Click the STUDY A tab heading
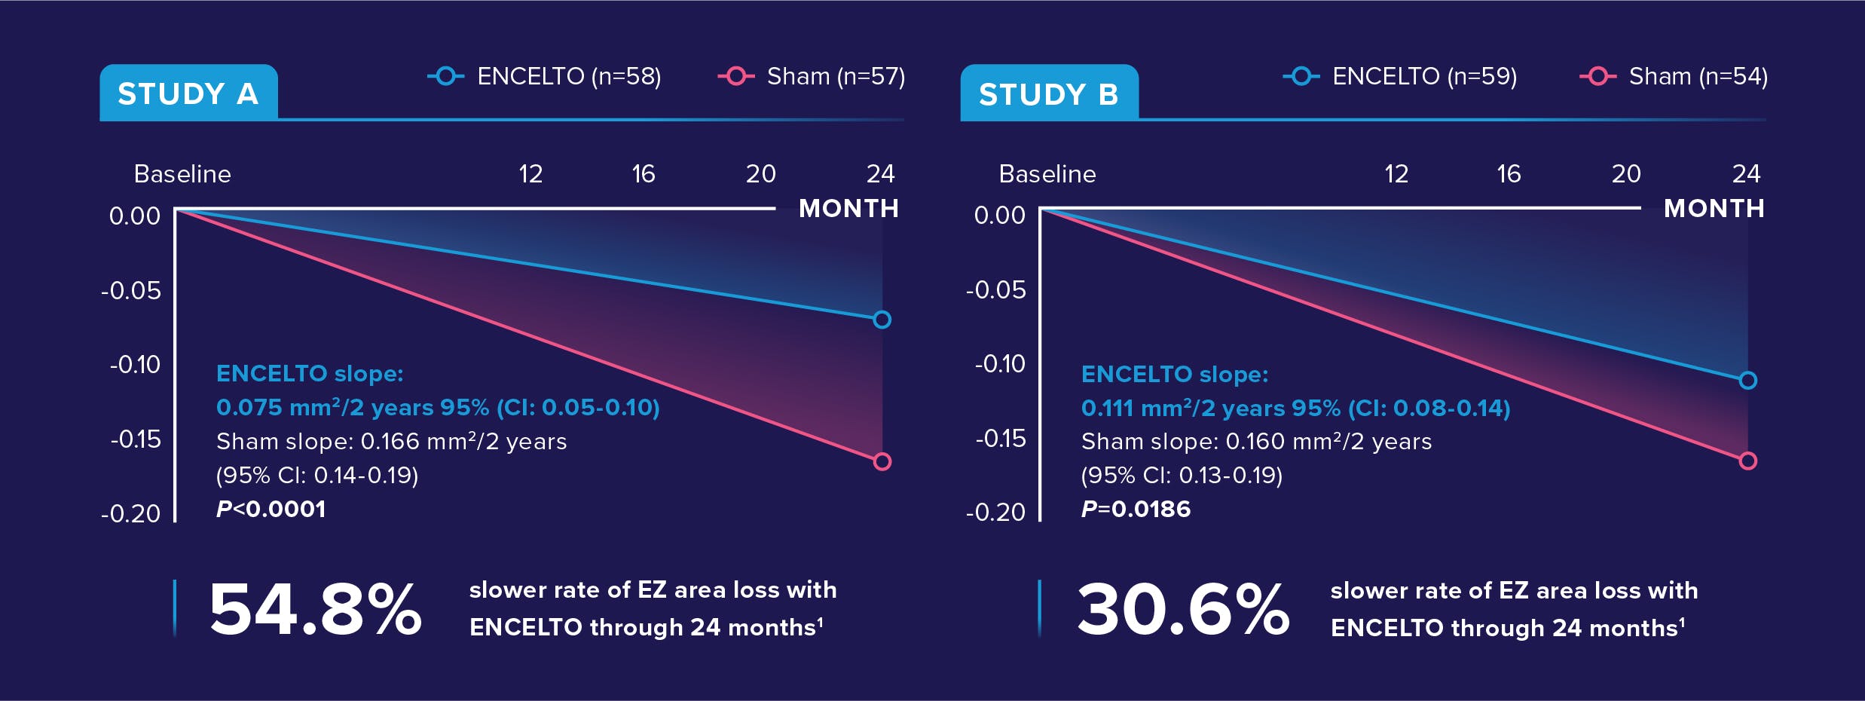188,93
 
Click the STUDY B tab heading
1048,94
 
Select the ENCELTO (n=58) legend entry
544,76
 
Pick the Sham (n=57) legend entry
812,76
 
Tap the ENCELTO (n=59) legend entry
1400,76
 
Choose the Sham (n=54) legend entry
1674,76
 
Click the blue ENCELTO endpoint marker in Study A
882,320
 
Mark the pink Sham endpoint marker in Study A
882,461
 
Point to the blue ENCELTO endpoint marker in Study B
1747,381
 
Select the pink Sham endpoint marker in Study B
1747,461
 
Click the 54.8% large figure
315,609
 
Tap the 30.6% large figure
1183,609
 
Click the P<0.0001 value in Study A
271,509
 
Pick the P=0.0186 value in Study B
1136,509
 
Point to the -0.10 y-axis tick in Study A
135,365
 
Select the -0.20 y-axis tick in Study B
995,513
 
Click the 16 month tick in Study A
643,174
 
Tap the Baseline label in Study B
1047,174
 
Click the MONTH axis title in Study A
848,208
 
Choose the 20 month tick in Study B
1625,174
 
